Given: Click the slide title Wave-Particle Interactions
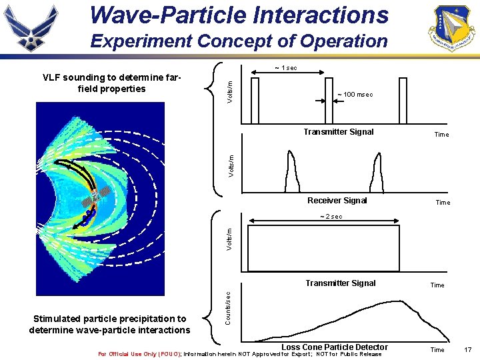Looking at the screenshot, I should coord(238,15).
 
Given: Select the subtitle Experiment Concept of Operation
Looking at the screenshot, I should coord(239,41).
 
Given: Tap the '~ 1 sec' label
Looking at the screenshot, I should coord(286,68).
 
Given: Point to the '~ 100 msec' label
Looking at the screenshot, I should coord(355,95).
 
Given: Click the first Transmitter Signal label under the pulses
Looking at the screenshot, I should coord(339,132).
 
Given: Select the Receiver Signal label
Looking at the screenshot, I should coord(337,201).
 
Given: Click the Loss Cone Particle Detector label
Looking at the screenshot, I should coord(334,347).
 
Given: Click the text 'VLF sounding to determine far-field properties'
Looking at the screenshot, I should coord(111,83).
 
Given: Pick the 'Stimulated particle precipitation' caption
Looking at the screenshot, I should coord(109,325).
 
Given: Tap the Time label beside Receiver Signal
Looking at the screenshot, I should coord(443,203).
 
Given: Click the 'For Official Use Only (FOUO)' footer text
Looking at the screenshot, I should coord(139,354).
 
